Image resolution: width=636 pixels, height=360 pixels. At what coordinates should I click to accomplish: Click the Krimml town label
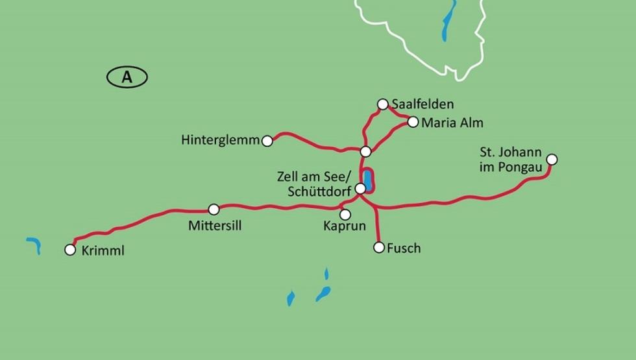103,251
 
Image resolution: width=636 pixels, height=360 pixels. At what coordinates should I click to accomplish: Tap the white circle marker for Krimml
70,250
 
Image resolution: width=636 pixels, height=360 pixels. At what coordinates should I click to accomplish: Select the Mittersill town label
215,226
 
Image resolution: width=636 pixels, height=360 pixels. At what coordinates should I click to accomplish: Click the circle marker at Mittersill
214,209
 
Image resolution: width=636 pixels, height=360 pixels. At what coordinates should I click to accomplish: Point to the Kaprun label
345,226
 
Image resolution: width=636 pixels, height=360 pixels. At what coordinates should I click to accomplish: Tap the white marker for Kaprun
345,214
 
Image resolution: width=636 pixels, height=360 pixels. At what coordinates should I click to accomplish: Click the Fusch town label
404,248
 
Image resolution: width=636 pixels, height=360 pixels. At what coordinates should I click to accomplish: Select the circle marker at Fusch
379,247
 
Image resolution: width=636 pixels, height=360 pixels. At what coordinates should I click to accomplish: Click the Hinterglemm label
221,140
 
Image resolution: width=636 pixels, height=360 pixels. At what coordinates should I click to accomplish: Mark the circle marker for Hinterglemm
267,141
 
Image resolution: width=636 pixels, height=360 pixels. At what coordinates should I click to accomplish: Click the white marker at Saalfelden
383,104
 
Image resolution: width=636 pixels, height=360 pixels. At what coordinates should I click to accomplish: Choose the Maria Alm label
452,122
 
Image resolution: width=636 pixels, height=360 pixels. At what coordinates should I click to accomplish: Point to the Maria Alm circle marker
413,121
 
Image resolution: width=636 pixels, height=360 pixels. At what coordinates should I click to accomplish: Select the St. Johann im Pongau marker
552,159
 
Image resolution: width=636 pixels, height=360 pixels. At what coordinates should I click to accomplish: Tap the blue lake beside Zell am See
368,180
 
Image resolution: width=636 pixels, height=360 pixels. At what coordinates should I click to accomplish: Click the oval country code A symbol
127,77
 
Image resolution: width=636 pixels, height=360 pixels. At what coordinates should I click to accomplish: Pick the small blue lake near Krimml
34,245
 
